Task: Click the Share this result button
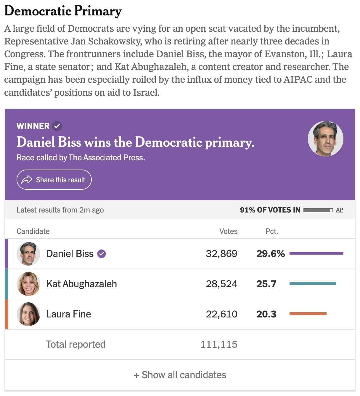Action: [x=54, y=180]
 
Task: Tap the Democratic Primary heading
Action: [x=63, y=11]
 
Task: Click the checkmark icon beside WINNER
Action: [x=57, y=126]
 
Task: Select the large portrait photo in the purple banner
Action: [x=325, y=138]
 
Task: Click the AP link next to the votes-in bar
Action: [x=340, y=210]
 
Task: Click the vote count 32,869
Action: [x=221, y=254]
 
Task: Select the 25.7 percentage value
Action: [x=266, y=284]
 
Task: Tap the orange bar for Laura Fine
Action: [x=308, y=314]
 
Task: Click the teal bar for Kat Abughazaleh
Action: [x=313, y=283]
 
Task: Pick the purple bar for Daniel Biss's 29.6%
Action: [x=316, y=253]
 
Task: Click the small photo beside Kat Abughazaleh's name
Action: [x=28, y=284]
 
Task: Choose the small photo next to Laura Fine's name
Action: [x=28, y=314]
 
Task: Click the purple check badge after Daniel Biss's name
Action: [x=102, y=254]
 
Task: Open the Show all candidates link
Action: [x=180, y=375]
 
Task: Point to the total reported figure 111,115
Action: [x=219, y=344]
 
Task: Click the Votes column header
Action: [x=228, y=231]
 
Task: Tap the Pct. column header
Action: [x=272, y=231]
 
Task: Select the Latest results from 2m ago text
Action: [x=60, y=210]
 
